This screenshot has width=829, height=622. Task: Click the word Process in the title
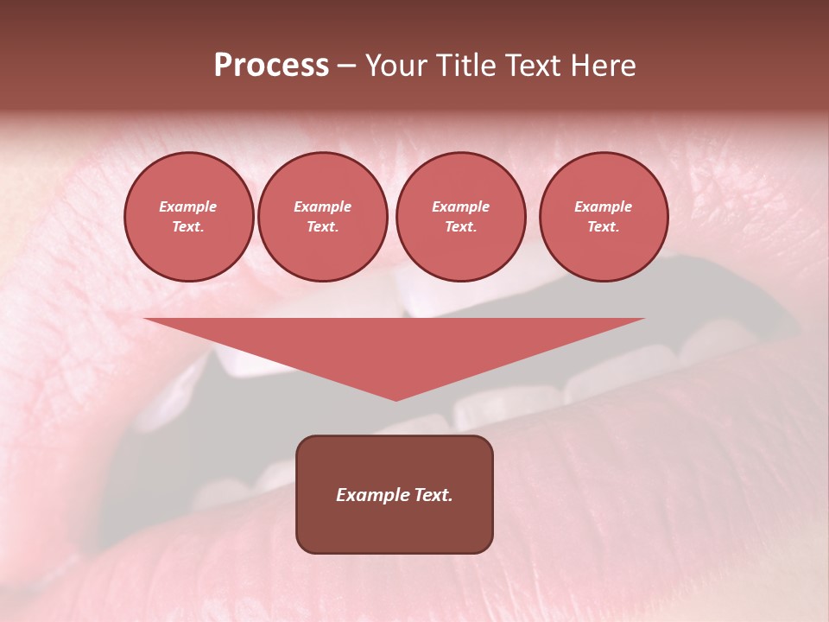tap(271, 66)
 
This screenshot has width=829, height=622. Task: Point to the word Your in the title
tap(398, 66)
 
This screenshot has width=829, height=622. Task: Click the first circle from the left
tap(188, 217)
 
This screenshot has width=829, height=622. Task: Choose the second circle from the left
tap(322, 217)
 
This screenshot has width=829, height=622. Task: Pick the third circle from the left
tap(460, 217)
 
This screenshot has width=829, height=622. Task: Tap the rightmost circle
tap(603, 217)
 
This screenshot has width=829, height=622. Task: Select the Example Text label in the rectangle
tap(395, 495)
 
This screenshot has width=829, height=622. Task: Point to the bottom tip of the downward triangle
tap(396, 398)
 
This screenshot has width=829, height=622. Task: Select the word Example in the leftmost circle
tap(188, 206)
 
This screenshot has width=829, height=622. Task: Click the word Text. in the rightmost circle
tap(603, 226)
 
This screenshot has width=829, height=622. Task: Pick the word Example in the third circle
tap(460, 206)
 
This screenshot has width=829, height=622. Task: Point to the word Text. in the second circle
tap(322, 226)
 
